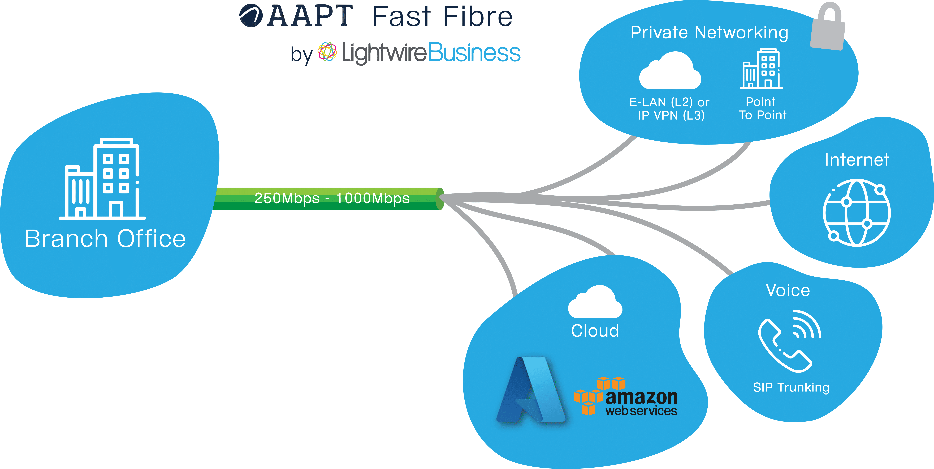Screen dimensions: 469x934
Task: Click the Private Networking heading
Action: [709, 33]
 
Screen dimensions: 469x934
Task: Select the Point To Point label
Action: [762, 108]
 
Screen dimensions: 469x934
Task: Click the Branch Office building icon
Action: [102, 179]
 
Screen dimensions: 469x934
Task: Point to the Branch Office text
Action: [105, 239]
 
